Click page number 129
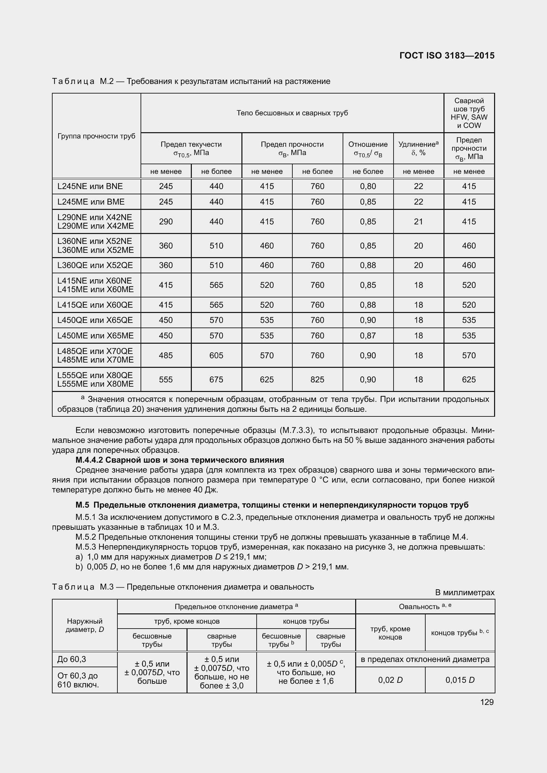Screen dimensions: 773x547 pos(487,702)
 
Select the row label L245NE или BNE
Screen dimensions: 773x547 pos(90,186)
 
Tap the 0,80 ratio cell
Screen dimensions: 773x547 pos(367,186)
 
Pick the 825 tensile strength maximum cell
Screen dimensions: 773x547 pos(317,379)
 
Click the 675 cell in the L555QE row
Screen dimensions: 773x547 pos(216,379)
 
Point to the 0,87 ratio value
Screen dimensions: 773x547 pos(367,335)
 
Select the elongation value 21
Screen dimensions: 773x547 pos(418,221)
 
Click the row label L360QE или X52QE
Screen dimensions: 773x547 pos(95,265)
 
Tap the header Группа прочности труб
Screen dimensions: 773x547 pos(96,136)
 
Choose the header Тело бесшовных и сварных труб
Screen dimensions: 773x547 pos(292,113)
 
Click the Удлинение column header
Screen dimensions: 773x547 pos(418,148)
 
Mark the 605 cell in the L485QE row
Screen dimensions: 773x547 pos(216,355)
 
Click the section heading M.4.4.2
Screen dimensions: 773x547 pos(180,460)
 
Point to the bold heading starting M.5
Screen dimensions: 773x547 pos(272,505)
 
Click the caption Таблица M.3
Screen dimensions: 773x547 pos(183,587)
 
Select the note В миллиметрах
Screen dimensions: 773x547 pos(464,593)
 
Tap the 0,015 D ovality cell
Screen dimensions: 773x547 pos(460,680)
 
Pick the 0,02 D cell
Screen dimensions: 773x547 pos(390,680)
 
